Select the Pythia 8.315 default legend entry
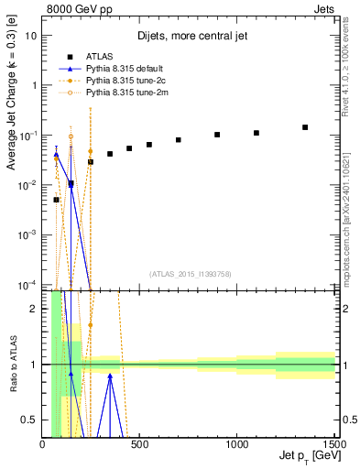[119, 68]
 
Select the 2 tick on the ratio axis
[34, 309]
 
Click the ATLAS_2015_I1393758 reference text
[190, 273]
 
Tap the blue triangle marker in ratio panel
[110, 376]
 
